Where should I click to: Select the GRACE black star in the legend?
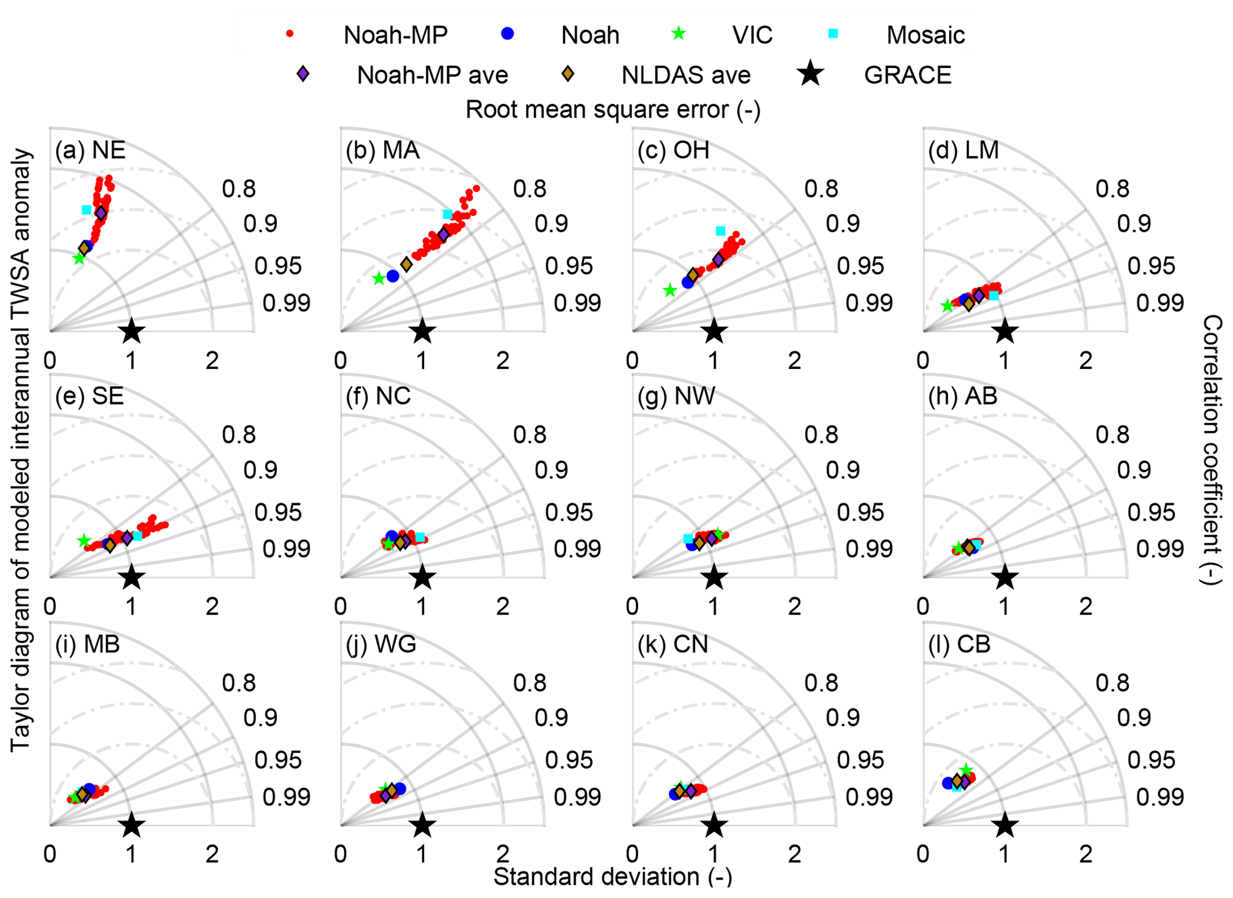click(x=811, y=74)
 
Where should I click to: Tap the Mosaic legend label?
click(x=925, y=35)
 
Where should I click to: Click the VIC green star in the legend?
click(x=679, y=34)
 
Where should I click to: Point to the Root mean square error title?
click(x=613, y=110)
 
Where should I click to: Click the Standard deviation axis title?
click(x=613, y=877)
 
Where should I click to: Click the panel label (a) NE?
click(x=90, y=150)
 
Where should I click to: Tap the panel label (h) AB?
click(x=963, y=396)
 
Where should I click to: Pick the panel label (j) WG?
click(x=381, y=644)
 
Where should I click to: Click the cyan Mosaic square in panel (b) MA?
click(x=447, y=215)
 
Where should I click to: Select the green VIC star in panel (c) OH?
click(x=670, y=291)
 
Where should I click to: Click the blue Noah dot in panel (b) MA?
click(x=393, y=276)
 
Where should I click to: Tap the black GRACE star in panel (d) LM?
click(x=1005, y=330)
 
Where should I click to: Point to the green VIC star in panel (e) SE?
click(x=84, y=540)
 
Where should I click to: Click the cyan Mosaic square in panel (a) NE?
click(x=86, y=210)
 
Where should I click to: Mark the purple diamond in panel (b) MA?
click(x=444, y=234)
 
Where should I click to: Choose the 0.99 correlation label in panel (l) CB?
click(x=1160, y=797)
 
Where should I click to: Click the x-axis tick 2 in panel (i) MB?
click(x=212, y=854)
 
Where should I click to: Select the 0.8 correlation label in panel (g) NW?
click(x=821, y=435)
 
